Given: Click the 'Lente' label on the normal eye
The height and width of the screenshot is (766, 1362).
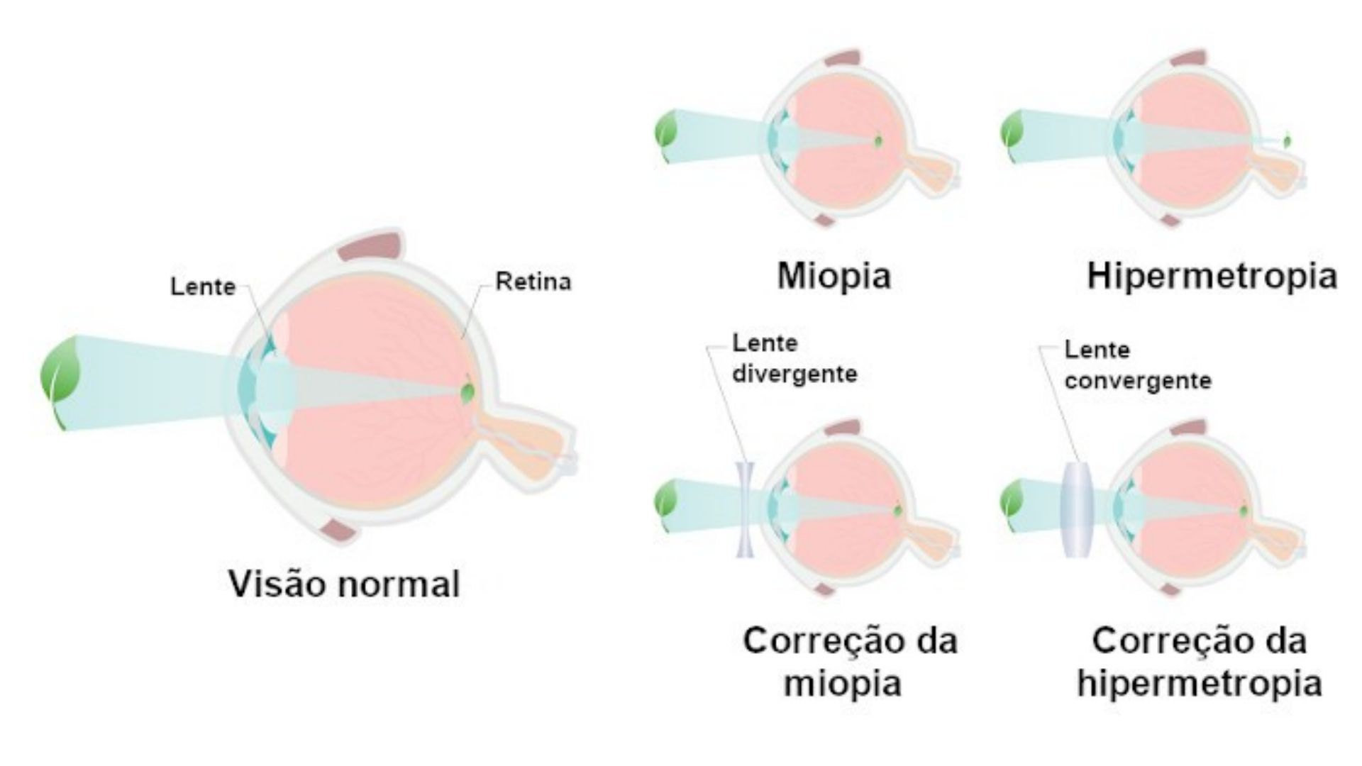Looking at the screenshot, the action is click(x=203, y=287).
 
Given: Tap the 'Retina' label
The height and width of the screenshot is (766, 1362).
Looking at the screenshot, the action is click(x=533, y=282).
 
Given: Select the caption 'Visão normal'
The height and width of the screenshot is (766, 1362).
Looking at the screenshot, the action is click(x=344, y=584).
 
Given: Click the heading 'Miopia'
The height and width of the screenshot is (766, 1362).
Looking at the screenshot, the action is click(x=834, y=275).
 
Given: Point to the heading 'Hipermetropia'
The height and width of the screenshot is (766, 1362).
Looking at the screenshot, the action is click(x=1212, y=275).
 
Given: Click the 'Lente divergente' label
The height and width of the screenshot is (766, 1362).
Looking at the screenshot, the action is click(x=794, y=358).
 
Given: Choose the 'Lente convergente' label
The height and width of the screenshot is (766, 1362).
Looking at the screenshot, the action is click(x=1137, y=365).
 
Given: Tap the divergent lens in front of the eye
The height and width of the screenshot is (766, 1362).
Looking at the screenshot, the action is click(x=745, y=509).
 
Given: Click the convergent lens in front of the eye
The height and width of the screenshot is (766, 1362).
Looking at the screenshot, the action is click(x=1077, y=509).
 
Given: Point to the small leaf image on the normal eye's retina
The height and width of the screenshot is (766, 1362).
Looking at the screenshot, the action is click(x=467, y=392).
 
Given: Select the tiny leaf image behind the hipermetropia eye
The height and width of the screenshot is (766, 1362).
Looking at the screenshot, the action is click(x=1287, y=141).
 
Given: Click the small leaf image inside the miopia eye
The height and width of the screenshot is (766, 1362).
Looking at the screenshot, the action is click(x=878, y=141).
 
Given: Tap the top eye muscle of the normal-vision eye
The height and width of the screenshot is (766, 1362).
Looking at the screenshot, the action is click(x=370, y=247).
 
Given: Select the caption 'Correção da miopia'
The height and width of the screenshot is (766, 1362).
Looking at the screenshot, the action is click(x=849, y=662).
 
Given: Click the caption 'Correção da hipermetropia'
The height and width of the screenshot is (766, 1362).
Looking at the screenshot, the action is click(x=1199, y=662).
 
